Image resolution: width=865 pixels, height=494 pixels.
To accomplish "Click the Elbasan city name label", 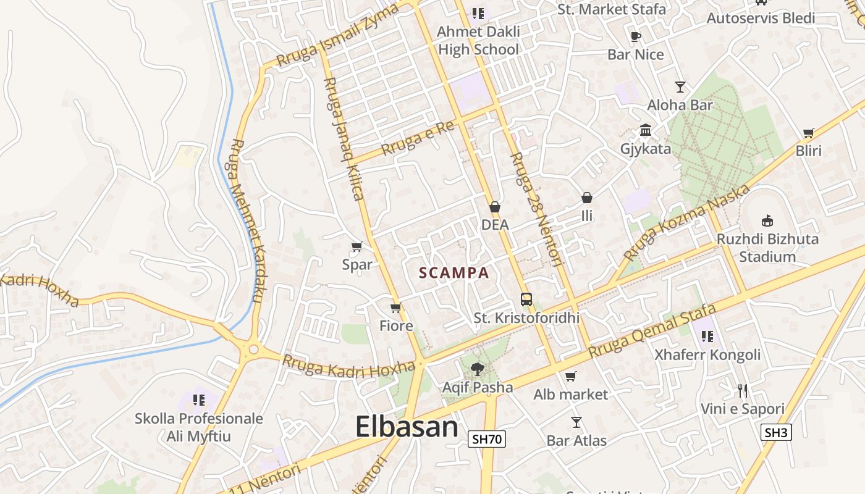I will [x=407, y=427].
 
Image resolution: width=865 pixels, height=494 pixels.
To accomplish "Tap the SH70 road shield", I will [x=487, y=440].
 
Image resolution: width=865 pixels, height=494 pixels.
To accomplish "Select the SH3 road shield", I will [x=776, y=432].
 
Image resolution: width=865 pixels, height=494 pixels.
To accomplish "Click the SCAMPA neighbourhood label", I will [x=454, y=273].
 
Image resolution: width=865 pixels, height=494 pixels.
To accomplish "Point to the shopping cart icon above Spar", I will [x=357, y=247].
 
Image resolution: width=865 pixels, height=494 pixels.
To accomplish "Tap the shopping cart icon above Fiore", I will [x=396, y=308].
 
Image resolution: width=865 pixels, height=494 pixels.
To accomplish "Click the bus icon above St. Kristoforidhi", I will [x=526, y=299].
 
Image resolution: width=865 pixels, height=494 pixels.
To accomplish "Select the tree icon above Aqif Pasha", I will [x=477, y=369].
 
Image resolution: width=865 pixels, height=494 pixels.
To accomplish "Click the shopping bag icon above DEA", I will [x=495, y=207].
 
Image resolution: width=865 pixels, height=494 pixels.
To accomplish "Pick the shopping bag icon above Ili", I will [x=587, y=198].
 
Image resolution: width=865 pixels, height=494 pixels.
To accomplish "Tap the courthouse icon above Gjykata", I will [x=646, y=130].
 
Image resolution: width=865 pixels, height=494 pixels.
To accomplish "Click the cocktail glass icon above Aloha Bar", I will [x=680, y=86].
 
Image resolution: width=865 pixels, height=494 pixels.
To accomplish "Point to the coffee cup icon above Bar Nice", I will [x=636, y=36].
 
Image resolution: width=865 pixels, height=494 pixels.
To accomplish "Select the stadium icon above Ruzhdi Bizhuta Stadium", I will [x=767, y=220].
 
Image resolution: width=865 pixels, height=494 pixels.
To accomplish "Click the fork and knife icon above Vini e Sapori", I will [x=743, y=390].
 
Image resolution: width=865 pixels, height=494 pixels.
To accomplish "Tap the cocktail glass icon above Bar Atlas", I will [x=576, y=422].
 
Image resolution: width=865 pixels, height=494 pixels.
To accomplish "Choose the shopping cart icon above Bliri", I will [x=809, y=133].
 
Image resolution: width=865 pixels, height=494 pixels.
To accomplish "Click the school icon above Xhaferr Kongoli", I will [x=707, y=337].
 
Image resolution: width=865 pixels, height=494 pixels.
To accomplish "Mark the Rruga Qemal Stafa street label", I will [x=652, y=330].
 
